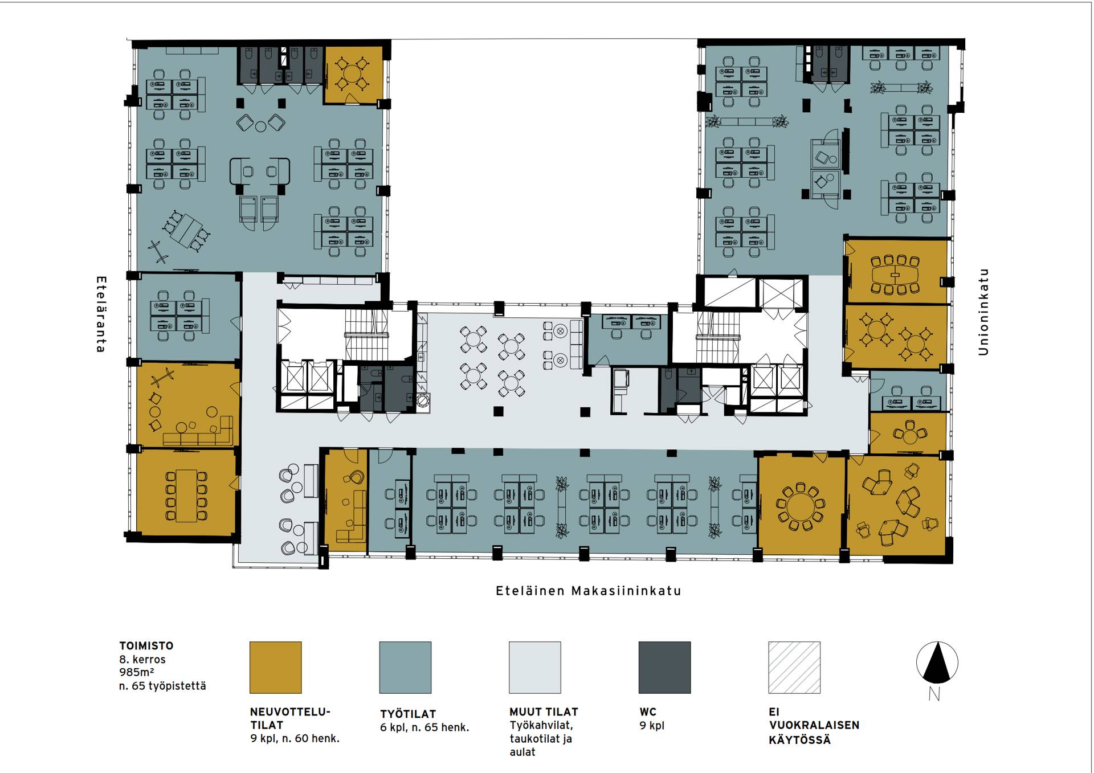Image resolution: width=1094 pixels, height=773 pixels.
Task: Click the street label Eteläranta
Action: click(101, 314)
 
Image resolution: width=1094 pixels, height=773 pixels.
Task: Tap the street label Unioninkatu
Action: click(983, 312)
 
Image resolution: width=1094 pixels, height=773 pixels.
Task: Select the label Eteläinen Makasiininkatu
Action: click(589, 591)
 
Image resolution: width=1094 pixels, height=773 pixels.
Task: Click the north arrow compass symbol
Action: click(937, 663)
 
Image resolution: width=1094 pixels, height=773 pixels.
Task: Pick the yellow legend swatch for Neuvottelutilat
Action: click(276, 668)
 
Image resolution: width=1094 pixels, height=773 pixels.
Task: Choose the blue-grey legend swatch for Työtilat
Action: click(405, 668)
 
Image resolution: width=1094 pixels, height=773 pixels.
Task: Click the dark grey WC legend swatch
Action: click(664, 668)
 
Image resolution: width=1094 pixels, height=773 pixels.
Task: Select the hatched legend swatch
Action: click(794, 668)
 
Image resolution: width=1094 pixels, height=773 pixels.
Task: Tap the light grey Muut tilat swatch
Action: click(535, 668)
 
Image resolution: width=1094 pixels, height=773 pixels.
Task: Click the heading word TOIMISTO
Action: click(146, 646)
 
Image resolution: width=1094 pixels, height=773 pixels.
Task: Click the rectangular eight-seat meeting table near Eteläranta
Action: click(186, 496)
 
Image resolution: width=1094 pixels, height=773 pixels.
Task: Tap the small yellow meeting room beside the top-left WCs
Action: click(353, 75)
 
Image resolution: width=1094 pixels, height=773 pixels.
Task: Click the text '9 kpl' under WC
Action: click(652, 726)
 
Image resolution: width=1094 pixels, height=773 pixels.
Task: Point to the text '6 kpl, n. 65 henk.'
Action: click(424, 727)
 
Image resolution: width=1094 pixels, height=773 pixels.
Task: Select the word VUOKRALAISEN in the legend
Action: click(814, 725)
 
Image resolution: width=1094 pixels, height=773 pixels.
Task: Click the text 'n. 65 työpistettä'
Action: click(162, 686)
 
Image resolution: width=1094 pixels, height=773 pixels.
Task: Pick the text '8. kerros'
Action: click(142, 660)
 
